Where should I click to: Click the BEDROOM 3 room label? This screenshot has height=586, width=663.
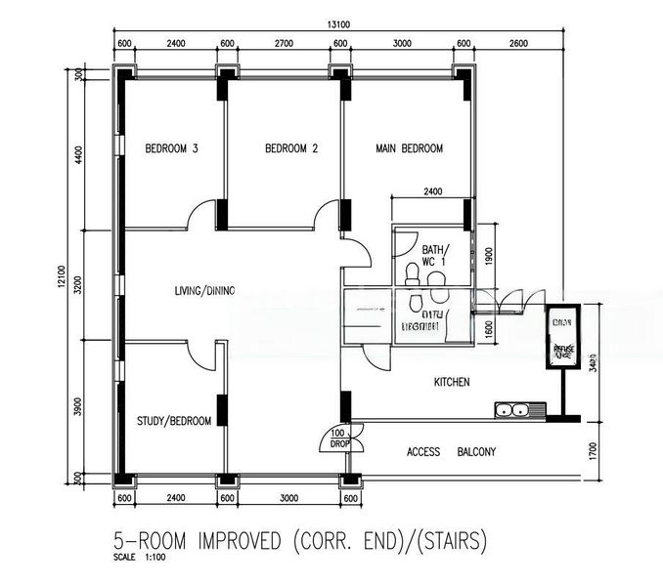pyautogui.click(x=171, y=149)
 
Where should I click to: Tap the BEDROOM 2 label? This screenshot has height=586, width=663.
pyautogui.click(x=291, y=149)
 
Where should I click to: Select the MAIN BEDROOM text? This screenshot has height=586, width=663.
pyautogui.click(x=409, y=149)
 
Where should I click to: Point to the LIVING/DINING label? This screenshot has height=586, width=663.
pyautogui.click(x=204, y=290)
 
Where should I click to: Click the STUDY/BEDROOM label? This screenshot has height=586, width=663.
pyautogui.click(x=175, y=421)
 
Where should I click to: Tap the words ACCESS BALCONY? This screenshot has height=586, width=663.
pyautogui.click(x=452, y=452)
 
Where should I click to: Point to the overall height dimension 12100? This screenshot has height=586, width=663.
pyautogui.click(x=62, y=283)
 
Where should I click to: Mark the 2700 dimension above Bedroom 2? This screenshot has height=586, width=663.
pyautogui.click(x=284, y=43)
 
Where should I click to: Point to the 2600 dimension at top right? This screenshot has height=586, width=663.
pyautogui.click(x=517, y=43)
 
